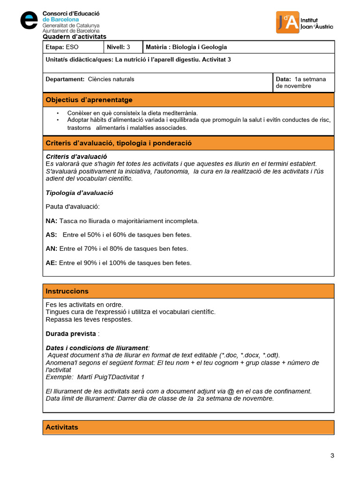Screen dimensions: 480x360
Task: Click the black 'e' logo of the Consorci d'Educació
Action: click(x=29, y=20)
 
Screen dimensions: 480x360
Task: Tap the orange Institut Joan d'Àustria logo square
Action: click(x=288, y=22)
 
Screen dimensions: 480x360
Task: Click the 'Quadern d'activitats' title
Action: click(x=75, y=37)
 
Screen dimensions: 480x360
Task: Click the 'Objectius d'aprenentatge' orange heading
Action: click(x=89, y=100)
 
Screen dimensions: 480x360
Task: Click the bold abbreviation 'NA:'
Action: click(x=52, y=221)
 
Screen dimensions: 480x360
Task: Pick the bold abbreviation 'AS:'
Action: click(x=51, y=235)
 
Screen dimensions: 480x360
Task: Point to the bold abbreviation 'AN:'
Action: click(x=52, y=249)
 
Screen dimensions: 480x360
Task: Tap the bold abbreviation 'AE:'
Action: click(x=52, y=263)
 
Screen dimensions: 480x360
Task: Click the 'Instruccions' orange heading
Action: click(x=67, y=291)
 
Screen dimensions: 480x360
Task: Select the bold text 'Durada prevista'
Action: click(x=71, y=334)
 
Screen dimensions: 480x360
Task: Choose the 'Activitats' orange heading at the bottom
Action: click(x=62, y=427)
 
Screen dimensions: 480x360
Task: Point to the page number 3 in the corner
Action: click(x=332, y=456)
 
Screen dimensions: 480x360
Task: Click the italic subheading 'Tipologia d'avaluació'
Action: click(x=79, y=193)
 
